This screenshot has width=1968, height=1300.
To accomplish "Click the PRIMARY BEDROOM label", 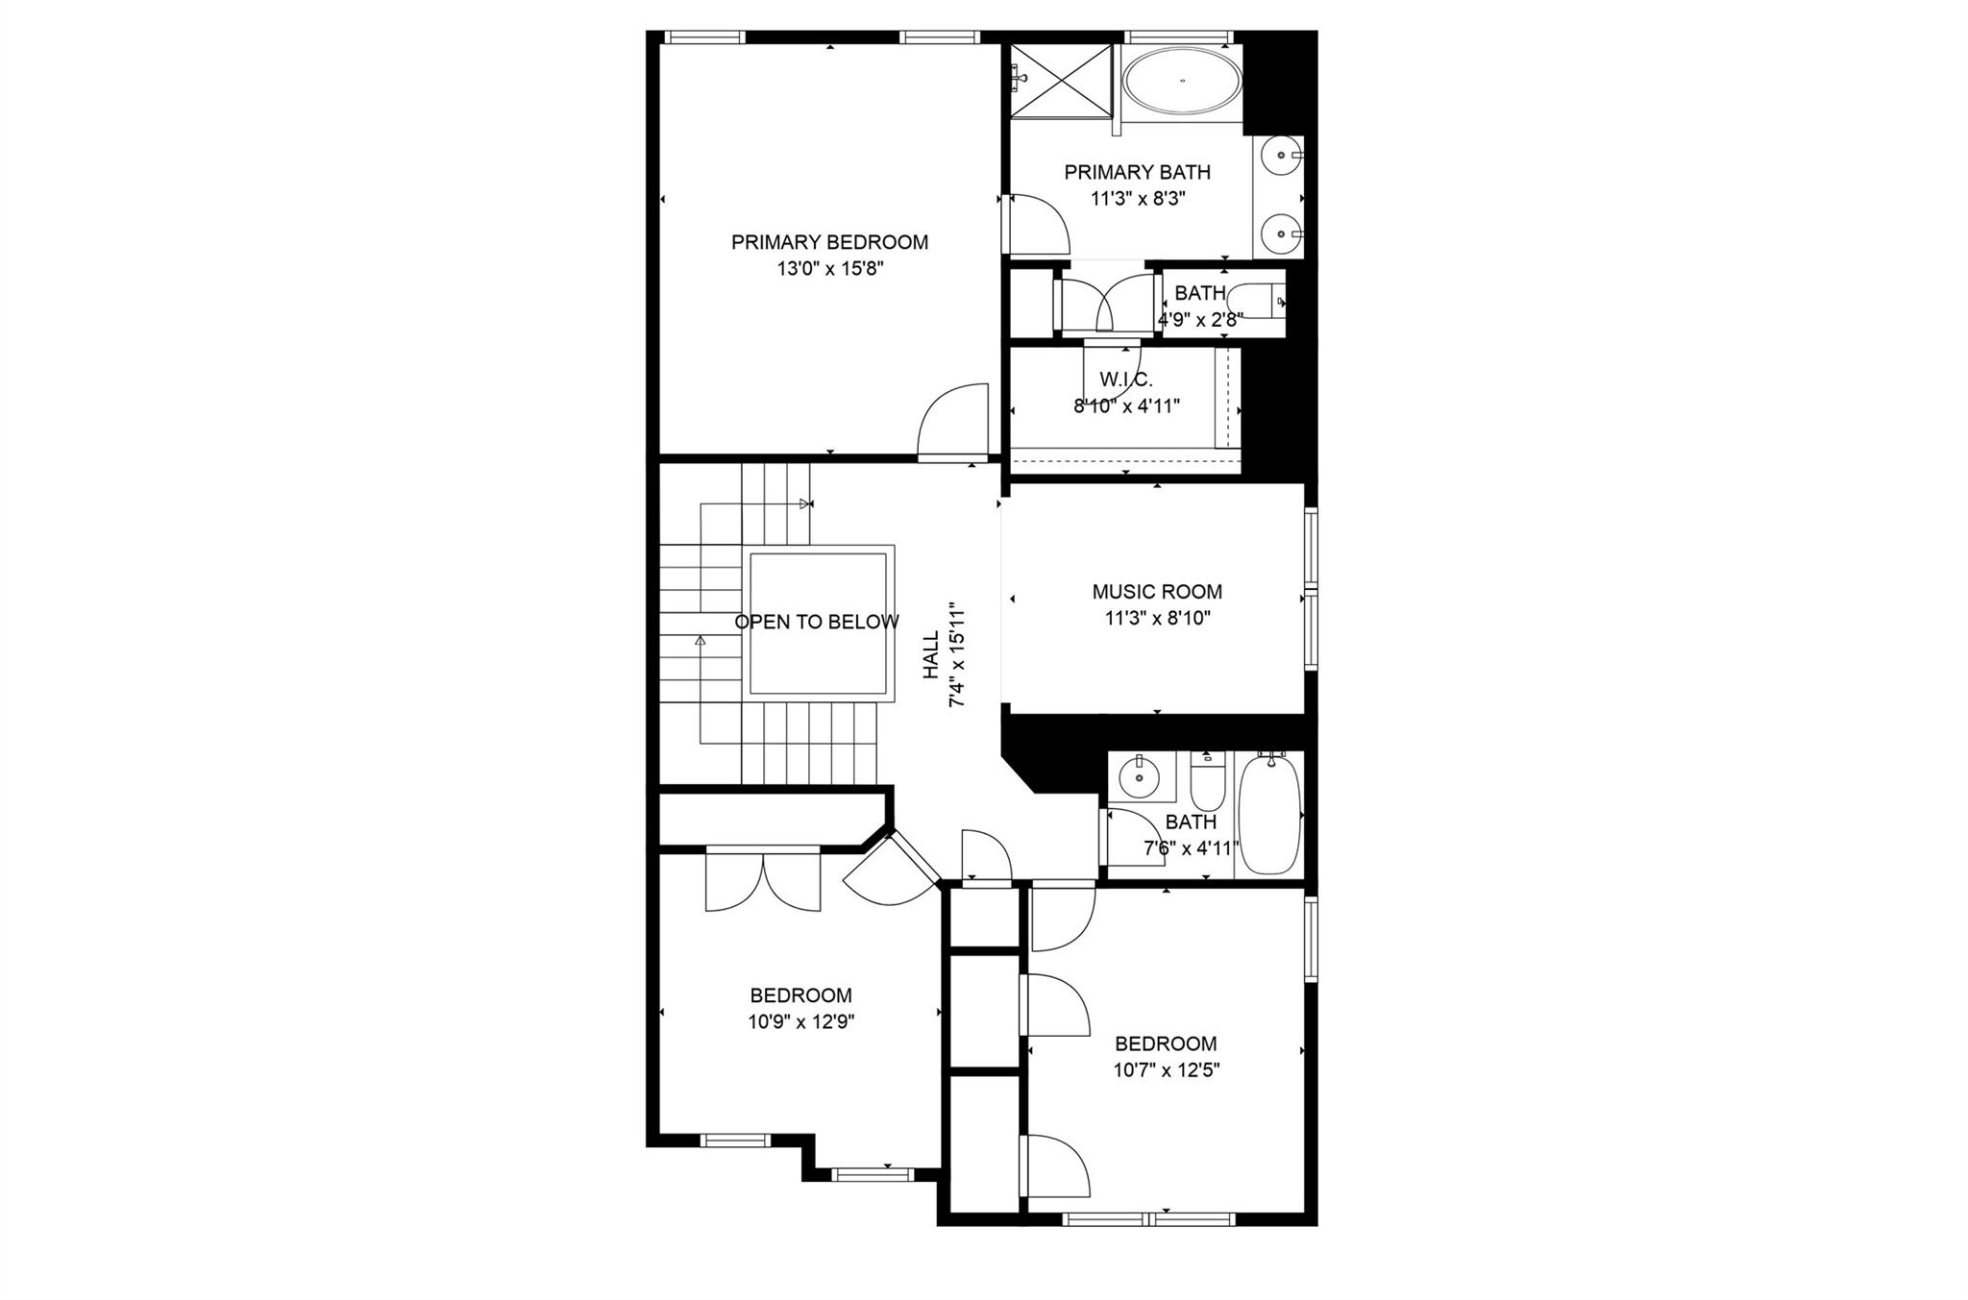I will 829,242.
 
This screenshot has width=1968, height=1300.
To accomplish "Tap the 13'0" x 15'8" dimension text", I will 829,269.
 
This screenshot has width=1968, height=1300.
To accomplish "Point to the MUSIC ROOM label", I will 1157,592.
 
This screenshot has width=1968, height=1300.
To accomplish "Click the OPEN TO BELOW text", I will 817,622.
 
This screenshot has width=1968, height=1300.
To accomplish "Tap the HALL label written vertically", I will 931,655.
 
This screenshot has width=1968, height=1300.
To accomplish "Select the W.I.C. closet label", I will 1126,380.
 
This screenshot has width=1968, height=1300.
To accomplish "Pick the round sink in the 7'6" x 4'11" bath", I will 1141,776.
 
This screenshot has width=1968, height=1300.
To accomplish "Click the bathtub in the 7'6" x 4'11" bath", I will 1269,815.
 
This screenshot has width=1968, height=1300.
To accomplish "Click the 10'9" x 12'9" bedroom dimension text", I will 801,1022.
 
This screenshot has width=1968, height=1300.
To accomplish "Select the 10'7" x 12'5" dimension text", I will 1166,1070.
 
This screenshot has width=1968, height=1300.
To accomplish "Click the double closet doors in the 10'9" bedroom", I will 763,882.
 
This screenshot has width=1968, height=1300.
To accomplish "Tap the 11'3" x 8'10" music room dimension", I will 1157,619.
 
